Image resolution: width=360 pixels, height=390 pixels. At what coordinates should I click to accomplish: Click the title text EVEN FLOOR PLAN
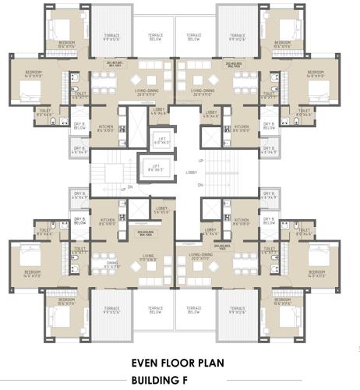(x=180, y=363)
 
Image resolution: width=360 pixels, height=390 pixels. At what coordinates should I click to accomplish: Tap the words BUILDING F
(x=180, y=380)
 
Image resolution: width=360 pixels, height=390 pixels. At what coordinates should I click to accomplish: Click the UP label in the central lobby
(x=200, y=161)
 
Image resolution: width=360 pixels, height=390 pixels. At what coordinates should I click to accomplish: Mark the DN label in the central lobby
(x=200, y=184)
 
